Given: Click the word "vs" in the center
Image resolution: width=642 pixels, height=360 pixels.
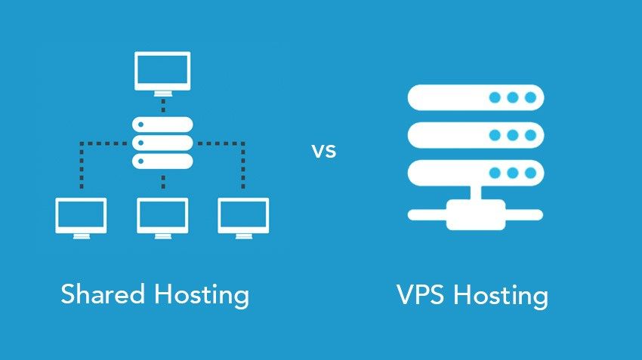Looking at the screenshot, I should click(323, 150).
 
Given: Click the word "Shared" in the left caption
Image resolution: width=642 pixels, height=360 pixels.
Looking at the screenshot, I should click(103, 294).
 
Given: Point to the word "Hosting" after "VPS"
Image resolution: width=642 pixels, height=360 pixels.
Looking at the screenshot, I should click(501, 295).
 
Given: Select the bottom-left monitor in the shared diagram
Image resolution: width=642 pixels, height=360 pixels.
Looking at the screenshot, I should click(81, 216).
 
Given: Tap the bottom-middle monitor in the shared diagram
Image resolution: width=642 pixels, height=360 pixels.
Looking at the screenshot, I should click(162, 216).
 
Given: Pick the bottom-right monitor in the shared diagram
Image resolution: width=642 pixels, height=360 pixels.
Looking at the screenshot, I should click(243, 216).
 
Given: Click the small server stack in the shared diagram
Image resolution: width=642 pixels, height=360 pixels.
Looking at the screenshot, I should click(162, 142).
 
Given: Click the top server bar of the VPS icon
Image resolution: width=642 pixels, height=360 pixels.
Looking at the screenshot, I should click(476, 97).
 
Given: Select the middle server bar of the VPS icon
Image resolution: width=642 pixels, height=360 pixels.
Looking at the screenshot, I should click(476, 135).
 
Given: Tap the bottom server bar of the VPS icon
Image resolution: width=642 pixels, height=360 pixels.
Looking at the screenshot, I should click(476, 173).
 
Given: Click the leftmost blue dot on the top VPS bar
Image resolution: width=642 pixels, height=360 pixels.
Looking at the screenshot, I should click(495, 97).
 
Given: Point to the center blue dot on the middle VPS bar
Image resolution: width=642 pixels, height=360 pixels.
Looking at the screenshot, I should click(514, 135).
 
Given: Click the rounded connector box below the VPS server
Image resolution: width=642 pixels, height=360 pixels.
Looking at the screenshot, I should click(476, 214).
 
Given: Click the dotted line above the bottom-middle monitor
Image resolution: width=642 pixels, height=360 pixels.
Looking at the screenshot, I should click(162, 183).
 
